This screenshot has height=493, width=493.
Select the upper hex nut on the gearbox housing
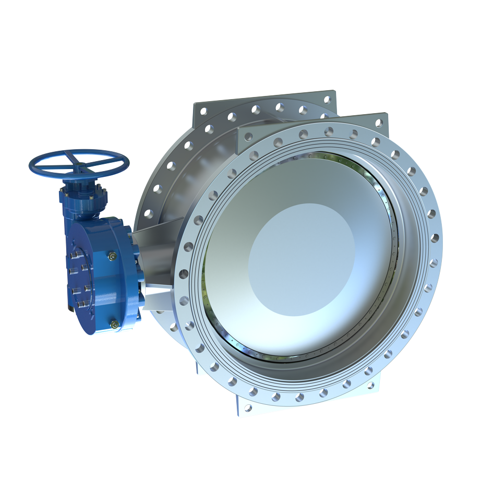(113, 256)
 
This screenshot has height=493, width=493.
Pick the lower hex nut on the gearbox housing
(114, 324)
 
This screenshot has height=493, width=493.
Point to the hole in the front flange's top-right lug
(379, 123)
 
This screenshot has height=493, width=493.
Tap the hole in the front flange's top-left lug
(249, 137)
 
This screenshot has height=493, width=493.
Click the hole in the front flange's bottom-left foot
(248, 407)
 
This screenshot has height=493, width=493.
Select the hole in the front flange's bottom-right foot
(370, 386)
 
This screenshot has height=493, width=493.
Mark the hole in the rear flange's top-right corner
(327, 99)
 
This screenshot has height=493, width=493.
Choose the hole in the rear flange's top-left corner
(203, 111)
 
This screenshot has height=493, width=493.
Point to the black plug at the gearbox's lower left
(70, 311)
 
